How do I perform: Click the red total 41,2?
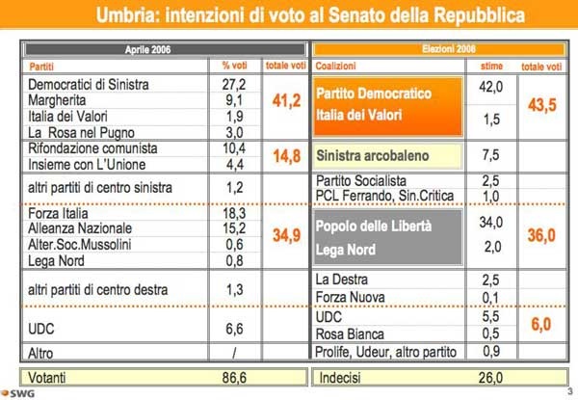(x=287, y=100)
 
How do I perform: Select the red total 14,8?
(x=287, y=155)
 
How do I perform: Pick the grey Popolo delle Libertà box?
(x=387, y=234)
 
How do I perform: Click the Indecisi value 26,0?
(x=491, y=378)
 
